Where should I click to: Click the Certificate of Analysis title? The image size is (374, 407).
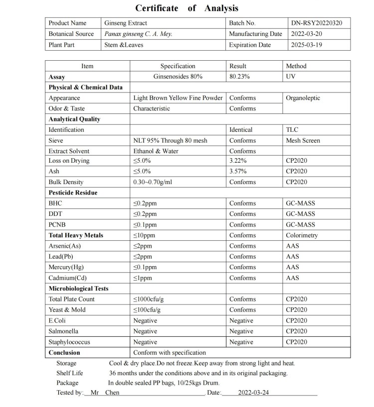pyautogui.click(x=187, y=8)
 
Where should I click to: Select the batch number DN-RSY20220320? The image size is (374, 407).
pyautogui.click(x=317, y=23)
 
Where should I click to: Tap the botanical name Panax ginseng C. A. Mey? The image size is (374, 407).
pyautogui.click(x=138, y=34)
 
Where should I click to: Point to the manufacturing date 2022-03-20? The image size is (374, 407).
pyautogui.click(x=307, y=34)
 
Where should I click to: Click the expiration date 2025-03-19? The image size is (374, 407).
pyautogui.click(x=307, y=45)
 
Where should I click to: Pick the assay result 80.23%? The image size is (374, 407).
pyautogui.click(x=239, y=77)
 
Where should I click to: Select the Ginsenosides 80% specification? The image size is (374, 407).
pyautogui.click(x=178, y=77)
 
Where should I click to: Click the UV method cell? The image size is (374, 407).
pyautogui.click(x=291, y=77)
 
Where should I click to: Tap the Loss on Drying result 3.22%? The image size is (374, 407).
pyautogui.click(x=238, y=161)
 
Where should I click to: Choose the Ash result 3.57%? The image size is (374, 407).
pyautogui.click(x=238, y=171)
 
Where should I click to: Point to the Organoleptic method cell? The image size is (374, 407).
pyautogui.click(x=303, y=98)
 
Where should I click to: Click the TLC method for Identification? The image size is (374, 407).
pyautogui.click(x=292, y=130)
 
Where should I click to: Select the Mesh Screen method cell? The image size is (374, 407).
pyautogui.click(x=303, y=141)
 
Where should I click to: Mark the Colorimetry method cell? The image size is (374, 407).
pyautogui.click(x=301, y=235)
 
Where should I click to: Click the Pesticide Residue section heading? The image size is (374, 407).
pyautogui.click(x=73, y=193)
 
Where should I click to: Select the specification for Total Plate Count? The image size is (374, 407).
pyautogui.click(x=149, y=299)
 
